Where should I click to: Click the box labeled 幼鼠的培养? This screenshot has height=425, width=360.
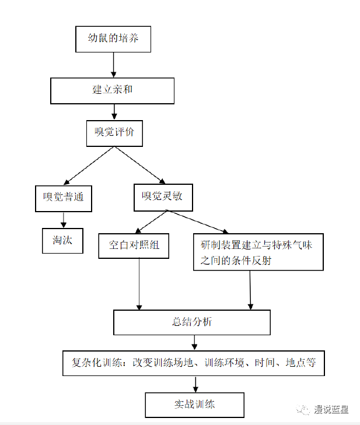pos(113,40)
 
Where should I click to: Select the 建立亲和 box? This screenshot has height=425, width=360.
pos(113,90)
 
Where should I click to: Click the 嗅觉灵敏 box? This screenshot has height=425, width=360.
pos(162,196)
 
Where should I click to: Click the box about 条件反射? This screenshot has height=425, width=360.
pos(258,252)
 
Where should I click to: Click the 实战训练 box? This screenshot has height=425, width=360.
pos(194,404)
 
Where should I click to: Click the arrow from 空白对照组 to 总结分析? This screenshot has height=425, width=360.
pos(139,283)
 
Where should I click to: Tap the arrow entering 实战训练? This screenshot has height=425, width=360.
pos(195,384)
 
